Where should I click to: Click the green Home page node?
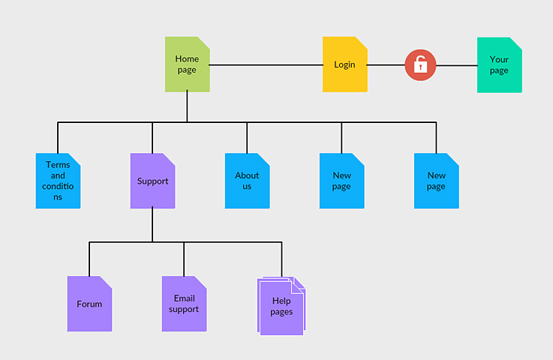(187, 64)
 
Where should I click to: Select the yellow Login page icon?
(344, 64)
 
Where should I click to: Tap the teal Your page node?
(499, 65)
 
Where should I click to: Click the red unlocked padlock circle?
(420, 65)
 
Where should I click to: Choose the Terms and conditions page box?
(58, 181)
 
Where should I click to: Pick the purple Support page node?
(152, 181)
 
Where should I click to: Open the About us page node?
(247, 181)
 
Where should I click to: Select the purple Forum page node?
(89, 304)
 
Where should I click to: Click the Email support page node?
(184, 304)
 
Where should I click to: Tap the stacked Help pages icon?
(281, 306)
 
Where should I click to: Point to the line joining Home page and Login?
(266, 65)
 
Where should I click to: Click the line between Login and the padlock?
(386, 65)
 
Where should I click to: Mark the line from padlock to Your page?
(456, 65)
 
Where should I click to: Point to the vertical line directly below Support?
(152, 225)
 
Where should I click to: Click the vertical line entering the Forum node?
(89, 259)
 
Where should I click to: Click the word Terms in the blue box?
(58, 165)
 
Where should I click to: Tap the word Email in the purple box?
(184, 298)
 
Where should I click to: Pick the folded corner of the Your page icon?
(515, 43)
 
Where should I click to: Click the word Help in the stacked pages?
(281, 301)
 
